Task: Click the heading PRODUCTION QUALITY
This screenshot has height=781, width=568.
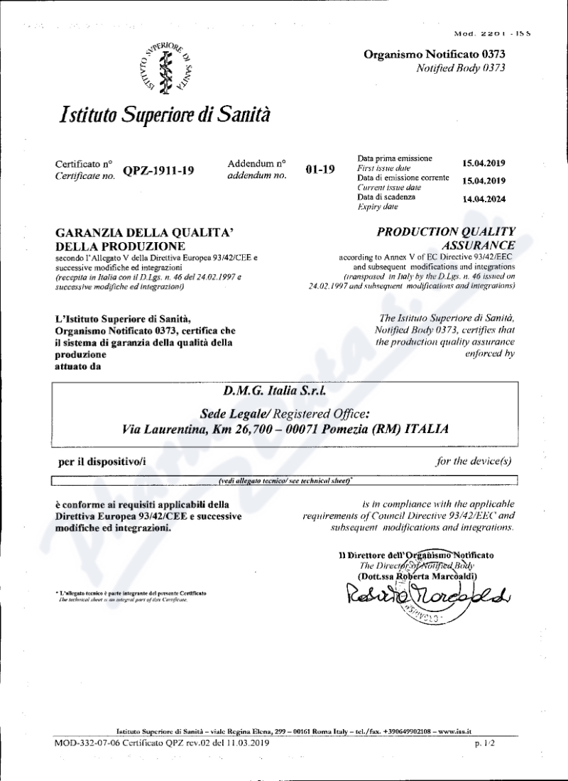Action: [x=447, y=232]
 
